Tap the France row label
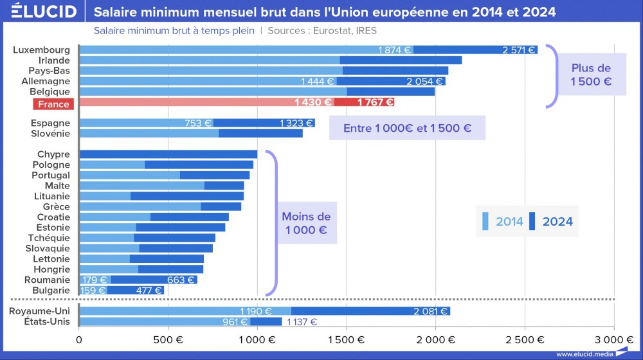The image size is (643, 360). [53, 104]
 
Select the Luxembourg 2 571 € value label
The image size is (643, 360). [518, 50]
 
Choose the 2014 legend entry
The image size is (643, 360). [500, 222]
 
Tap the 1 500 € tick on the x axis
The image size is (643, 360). [347, 339]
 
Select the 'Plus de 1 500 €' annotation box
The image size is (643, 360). [590, 75]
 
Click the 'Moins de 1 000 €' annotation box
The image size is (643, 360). [307, 224]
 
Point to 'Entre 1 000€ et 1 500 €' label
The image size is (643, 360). [407, 128]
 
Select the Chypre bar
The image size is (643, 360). [168, 154]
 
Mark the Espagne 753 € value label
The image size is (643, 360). [198, 123]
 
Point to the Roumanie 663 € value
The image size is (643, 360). [181, 280]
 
